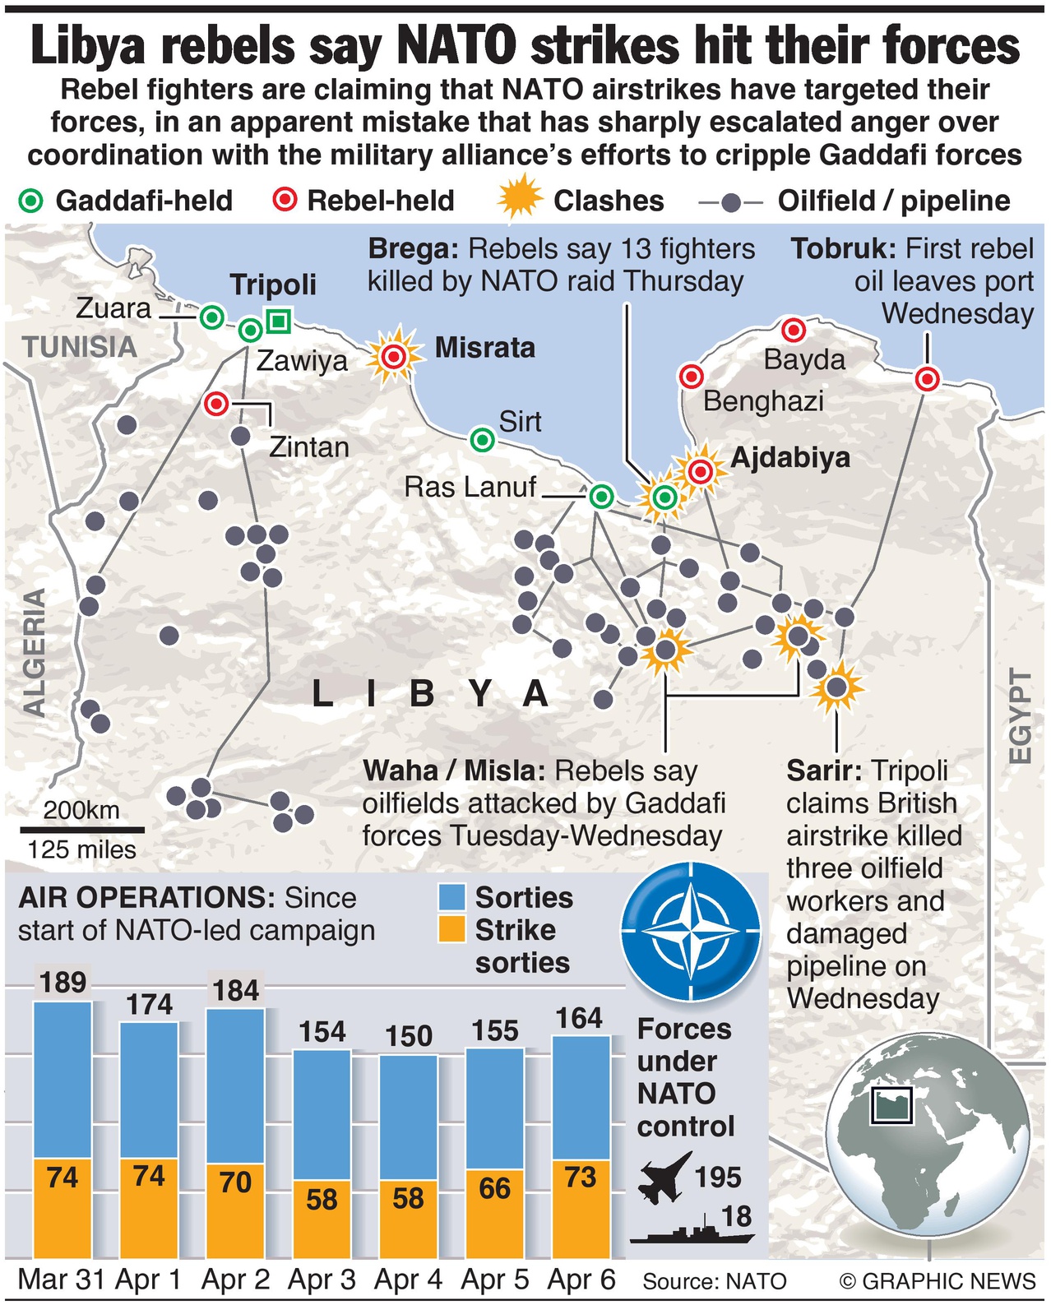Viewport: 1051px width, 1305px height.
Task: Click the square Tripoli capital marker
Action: [279, 321]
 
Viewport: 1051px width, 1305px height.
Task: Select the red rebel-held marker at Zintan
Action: [216, 404]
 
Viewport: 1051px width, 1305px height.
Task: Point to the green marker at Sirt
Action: [482, 440]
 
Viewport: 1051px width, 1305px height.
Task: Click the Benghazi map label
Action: [763, 401]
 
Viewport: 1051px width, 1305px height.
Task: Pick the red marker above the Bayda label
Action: [793, 331]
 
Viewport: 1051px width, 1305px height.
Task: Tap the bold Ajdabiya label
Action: [789, 457]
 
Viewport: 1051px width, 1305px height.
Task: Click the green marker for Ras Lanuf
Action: [601, 497]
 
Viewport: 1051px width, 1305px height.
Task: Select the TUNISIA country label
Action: [80, 347]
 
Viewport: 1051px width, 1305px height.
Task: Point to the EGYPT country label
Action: [1019, 715]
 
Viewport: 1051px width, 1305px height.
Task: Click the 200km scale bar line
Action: [82, 830]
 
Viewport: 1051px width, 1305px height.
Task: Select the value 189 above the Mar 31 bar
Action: [63, 982]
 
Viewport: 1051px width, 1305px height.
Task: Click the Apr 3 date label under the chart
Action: [322, 1280]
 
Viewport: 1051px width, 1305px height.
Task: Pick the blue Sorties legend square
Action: [452, 897]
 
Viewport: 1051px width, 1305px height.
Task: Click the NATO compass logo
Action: [691, 932]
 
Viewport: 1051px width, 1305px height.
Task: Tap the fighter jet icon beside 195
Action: [664, 1178]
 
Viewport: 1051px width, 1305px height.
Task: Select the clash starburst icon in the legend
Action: [520, 199]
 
